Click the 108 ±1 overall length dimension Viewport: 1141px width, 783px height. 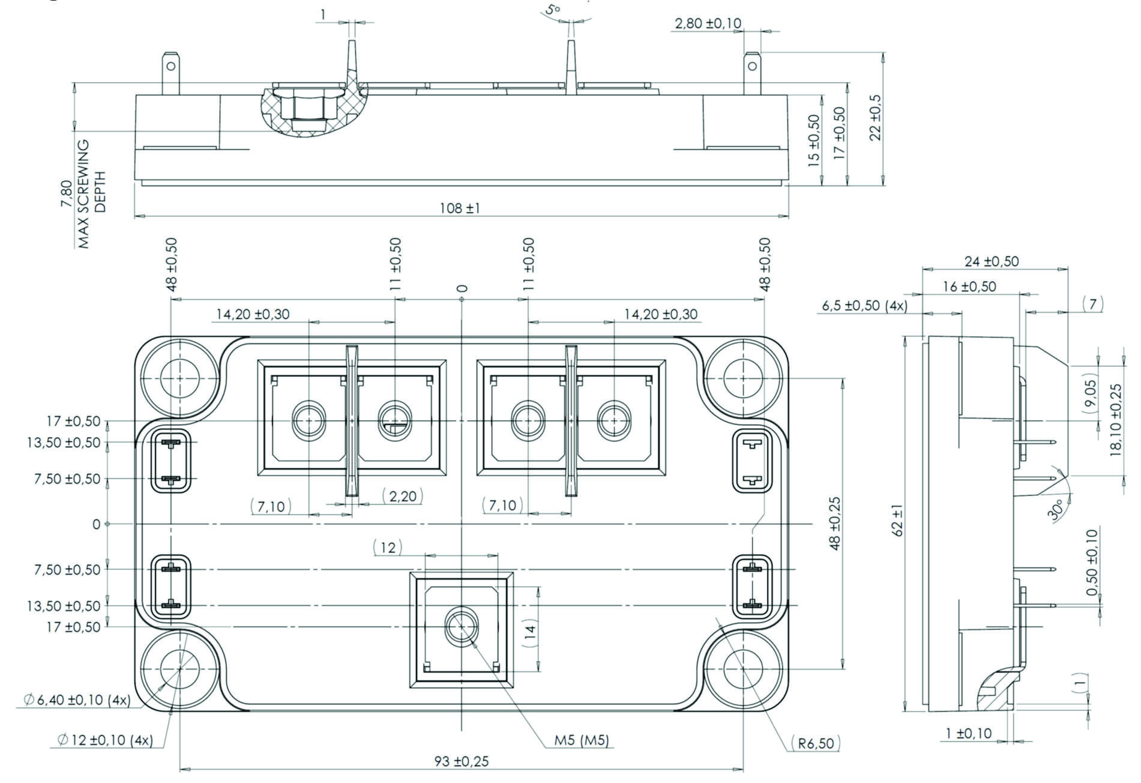tap(460, 208)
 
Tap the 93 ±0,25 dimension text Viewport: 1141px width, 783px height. tap(462, 761)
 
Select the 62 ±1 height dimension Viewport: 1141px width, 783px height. tap(898, 521)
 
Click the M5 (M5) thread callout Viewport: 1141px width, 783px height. tap(581, 740)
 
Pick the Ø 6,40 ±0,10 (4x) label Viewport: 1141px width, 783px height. tap(77, 700)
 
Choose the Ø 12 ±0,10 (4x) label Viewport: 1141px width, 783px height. tap(105, 740)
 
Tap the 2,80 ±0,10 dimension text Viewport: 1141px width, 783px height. tap(708, 23)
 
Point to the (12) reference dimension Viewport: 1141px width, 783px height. tap(388, 548)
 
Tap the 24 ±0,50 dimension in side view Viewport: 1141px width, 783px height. tap(992, 261)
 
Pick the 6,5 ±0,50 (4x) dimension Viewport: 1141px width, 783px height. tap(864, 306)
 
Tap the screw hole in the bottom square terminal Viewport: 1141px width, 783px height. tap(461, 626)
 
